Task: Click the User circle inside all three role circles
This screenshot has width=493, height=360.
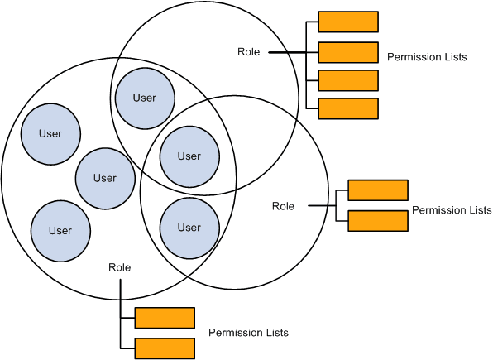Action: (189, 156)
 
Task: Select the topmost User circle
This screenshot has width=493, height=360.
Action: (145, 98)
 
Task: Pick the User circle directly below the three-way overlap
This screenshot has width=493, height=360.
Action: (189, 228)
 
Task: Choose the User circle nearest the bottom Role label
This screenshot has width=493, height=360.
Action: (60, 231)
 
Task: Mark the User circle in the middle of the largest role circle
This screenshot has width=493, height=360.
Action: (105, 178)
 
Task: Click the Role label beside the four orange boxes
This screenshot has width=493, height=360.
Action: (248, 52)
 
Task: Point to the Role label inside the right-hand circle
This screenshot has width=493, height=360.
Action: (283, 206)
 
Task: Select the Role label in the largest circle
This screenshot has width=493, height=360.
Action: (119, 267)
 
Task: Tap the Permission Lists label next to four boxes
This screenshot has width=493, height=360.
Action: (427, 57)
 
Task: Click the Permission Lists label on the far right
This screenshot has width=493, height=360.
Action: (452, 210)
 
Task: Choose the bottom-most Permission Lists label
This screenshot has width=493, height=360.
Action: (248, 333)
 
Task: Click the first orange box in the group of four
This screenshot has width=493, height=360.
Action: (348, 22)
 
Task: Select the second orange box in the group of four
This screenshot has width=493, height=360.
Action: (348, 52)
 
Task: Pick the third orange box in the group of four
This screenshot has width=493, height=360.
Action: (348, 80)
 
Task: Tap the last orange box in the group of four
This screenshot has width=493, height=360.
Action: (348, 108)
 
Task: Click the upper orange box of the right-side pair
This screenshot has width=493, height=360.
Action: (378, 190)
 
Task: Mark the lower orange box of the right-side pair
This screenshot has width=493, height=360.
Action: (378, 221)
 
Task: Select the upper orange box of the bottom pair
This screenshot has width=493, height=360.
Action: (165, 318)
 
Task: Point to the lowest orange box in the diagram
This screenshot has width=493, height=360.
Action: (165, 348)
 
